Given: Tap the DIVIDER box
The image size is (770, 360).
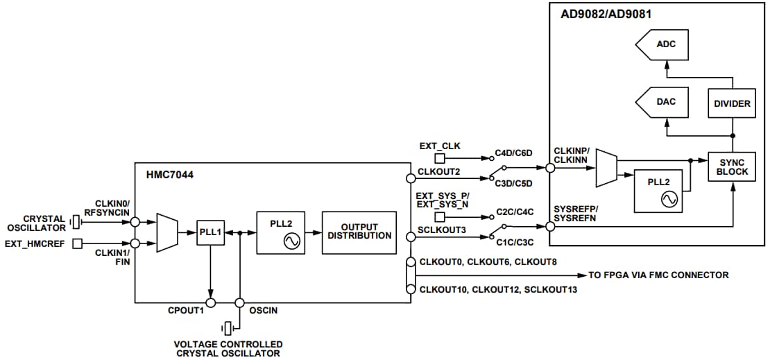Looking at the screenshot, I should (x=732, y=103).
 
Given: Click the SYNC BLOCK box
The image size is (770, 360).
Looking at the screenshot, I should (x=732, y=166).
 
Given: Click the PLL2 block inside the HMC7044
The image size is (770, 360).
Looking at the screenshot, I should (x=282, y=232).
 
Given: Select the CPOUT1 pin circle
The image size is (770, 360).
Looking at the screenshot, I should (x=211, y=302).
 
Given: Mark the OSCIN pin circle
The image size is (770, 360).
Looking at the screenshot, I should (x=240, y=302).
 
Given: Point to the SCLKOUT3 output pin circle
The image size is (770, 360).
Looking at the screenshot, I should (x=411, y=237).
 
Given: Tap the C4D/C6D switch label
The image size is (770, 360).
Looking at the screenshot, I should (x=513, y=153).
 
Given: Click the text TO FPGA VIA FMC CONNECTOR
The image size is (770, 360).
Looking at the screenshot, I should (x=659, y=275).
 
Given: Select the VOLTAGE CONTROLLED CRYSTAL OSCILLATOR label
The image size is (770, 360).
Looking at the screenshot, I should (x=228, y=349).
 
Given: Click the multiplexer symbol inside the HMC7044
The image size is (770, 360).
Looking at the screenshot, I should (x=166, y=232).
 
